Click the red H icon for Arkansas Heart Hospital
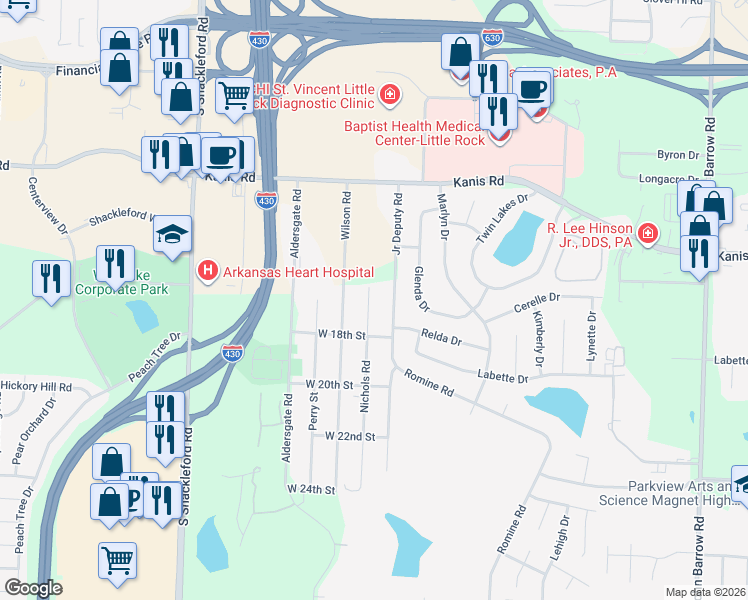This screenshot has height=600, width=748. click(208, 270)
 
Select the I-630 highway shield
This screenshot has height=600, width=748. click(491, 37)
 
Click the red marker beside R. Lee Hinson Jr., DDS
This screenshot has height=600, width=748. click(649, 234)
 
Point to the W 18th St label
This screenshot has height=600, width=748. click(337, 334)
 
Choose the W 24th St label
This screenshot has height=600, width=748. click(308, 489)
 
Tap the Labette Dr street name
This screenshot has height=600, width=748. click(501, 378)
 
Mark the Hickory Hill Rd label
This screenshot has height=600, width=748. click(36, 386)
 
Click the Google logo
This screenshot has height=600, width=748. click(33, 588)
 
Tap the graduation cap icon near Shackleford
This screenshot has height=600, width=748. click(171, 235)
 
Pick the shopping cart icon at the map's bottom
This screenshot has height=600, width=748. click(117, 560)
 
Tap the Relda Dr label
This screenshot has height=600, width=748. click(440, 340)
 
